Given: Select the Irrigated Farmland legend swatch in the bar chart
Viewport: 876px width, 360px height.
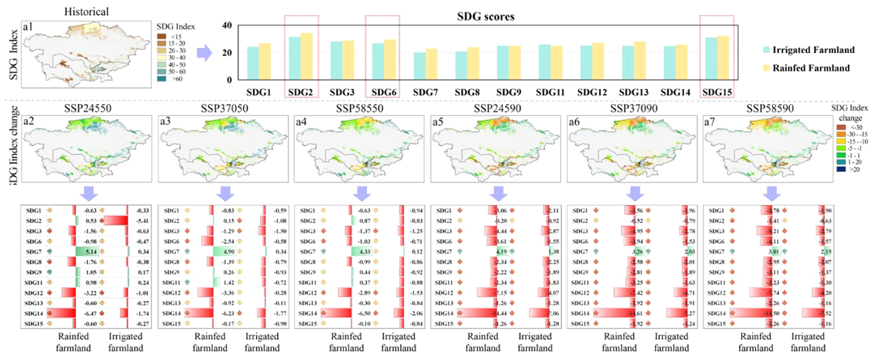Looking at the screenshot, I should pos(753,50).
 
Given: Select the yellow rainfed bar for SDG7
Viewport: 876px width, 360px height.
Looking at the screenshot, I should pos(431,64).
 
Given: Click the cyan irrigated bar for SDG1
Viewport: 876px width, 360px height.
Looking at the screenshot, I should pos(253,63).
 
